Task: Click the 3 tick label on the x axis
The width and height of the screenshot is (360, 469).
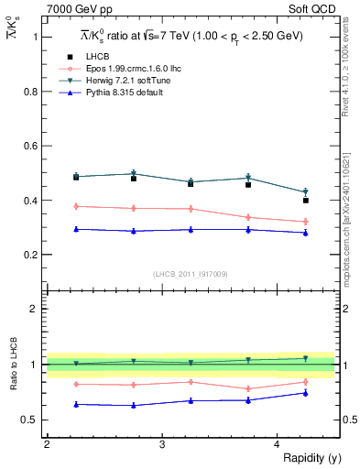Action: point(162,443)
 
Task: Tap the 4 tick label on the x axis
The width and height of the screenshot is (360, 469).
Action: point(278,443)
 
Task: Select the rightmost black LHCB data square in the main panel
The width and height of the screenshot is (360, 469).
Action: point(306,200)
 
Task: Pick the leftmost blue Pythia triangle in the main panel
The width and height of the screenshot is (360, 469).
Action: point(76,229)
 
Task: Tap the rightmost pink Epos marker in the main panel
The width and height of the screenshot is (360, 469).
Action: point(306,222)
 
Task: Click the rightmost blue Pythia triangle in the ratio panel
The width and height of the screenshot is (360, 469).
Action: point(306,393)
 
